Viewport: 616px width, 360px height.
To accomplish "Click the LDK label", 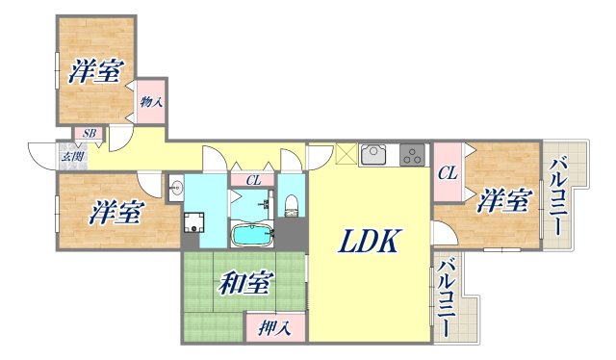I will pyautogui.click(x=367, y=243).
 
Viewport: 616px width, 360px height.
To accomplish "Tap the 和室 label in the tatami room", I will pyautogui.click(x=244, y=284).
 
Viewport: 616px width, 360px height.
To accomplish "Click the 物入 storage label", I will pyautogui.click(x=149, y=101).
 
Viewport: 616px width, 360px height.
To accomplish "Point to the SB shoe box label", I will pyautogui.click(x=89, y=134).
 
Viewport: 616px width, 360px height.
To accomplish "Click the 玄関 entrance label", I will pyautogui.click(x=72, y=156).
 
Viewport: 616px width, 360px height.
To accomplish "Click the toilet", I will pyautogui.click(x=292, y=204).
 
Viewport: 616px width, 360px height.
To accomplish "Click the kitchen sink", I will pyautogui.click(x=373, y=154).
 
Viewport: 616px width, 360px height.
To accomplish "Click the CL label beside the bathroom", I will pyautogui.click(x=252, y=179).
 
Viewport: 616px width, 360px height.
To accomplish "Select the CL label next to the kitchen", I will pyautogui.click(x=448, y=174).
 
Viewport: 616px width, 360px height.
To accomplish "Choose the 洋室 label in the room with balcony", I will pyautogui.click(x=504, y=202).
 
